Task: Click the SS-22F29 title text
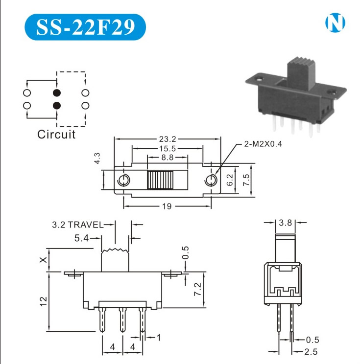click(85, 27)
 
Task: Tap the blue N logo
click(335, 23)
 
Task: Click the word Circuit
click(56, 135)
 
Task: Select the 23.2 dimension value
click(168, 139)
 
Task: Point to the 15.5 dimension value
click(168, 148)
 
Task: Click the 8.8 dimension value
click(168, 158)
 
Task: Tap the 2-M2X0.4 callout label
click(263, 144)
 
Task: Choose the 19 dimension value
click(167, 206)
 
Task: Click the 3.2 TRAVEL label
click(77, 225)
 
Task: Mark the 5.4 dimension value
click(81, 238)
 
